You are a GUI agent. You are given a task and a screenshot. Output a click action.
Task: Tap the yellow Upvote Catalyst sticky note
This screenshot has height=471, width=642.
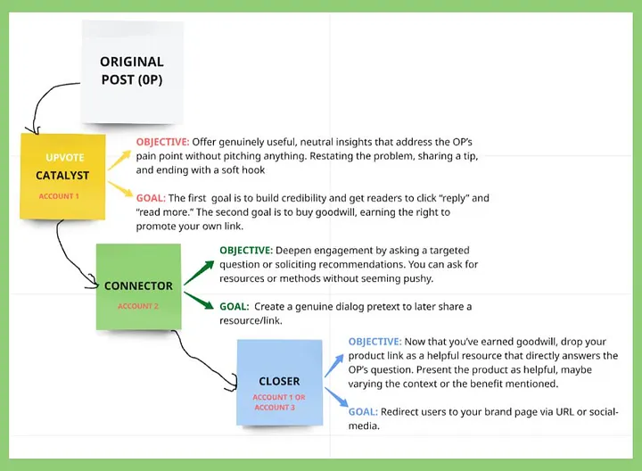pyautogui.click(x=62, y=174)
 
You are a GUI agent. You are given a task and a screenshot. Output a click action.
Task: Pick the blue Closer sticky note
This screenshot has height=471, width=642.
pyautogui.click(x=279, y=381)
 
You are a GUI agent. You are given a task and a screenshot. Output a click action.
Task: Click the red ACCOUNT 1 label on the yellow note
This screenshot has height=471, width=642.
pyautogui.click(x=59, y=196)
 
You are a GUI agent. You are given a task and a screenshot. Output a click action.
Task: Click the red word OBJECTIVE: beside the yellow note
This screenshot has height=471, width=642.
pyautogui.click(x=161, y=143)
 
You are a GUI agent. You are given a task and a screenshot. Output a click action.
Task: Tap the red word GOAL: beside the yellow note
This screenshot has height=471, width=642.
pyautogui.click(x=151, y=198)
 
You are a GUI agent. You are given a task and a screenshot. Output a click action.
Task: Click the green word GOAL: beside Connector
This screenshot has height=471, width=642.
pyautogui.click(x=234, y=306)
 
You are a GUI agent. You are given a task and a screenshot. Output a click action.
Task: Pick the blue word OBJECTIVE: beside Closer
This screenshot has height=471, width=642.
pyautogui.click(x=374, y=342)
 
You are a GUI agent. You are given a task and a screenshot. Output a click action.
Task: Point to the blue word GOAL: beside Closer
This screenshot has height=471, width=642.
pyautogui.click(x=363, y=411)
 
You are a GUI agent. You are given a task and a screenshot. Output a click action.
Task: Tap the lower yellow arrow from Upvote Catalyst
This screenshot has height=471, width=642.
pyautogui.click(x=119, y=190)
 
